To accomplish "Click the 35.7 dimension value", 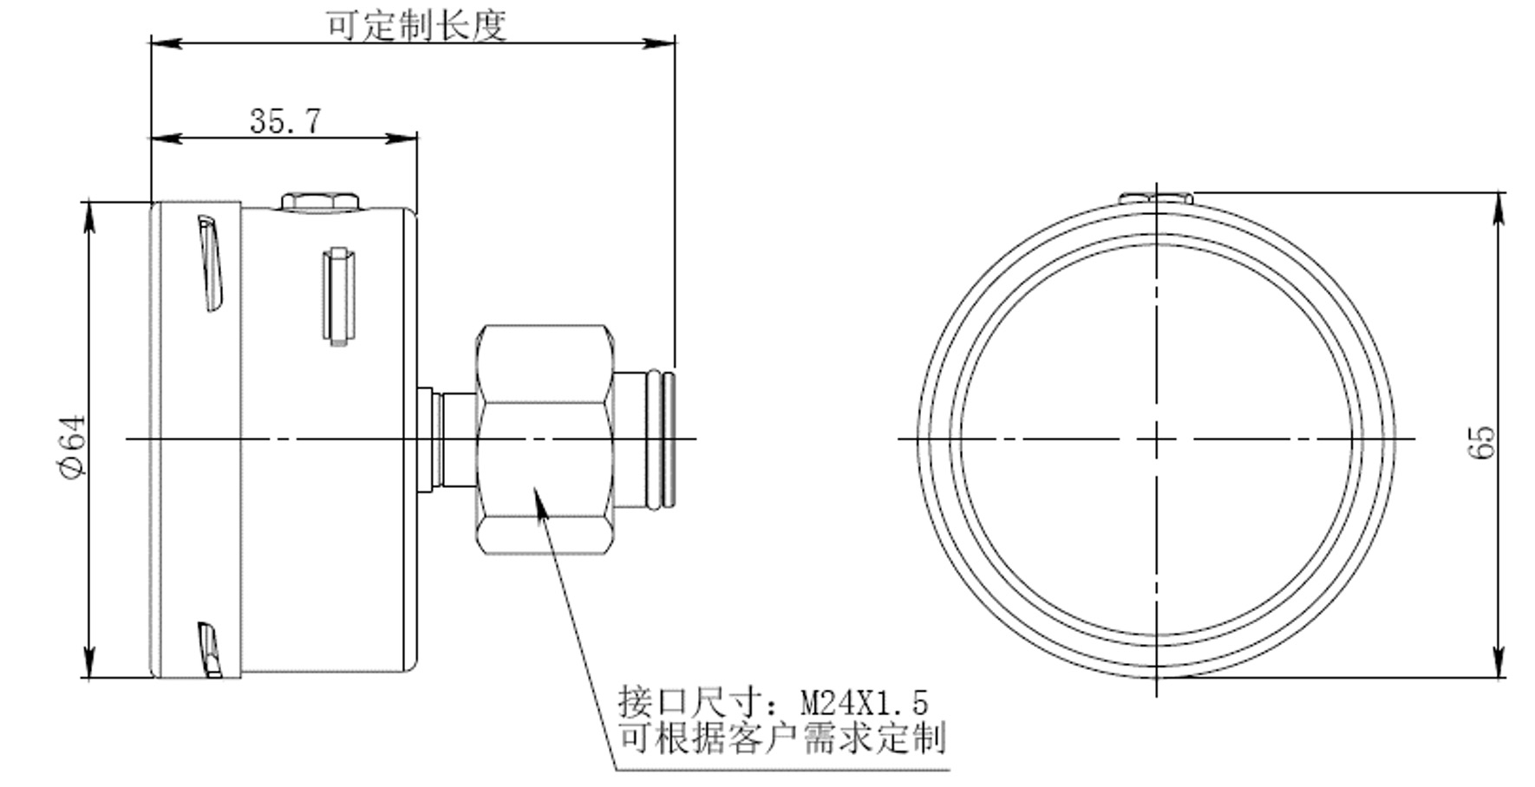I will point(285,120).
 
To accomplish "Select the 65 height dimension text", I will point(1482,442).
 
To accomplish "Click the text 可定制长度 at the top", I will point(415,25).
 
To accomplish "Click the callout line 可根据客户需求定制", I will point(781,738).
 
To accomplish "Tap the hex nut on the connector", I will point(545,439).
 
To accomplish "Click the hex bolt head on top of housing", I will point(320,202).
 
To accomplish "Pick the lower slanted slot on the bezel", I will point(210,649).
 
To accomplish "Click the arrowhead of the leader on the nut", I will point(539,499).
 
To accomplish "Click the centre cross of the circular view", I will point(1157,439).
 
